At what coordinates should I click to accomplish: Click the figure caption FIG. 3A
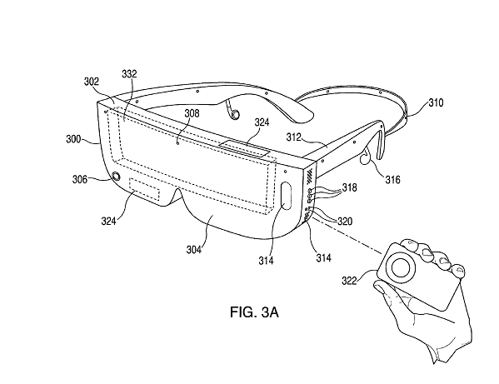pyautogui.click(x=254, y=312)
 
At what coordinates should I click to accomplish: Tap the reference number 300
pyautogui.click(x=73, y=139)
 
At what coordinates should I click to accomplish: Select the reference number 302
pyautogui.click(x=92, y=82)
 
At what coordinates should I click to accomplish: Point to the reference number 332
pyautogui.click(x=129, y=74)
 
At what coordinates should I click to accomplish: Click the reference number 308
pyautogui.click(x=192, y=113)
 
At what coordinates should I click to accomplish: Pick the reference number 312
pyautogui.click(x=294, y=137)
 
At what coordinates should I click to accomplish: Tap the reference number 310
pyautogui.click(x=436, y=102)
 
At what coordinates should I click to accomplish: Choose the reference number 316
pyautogui.click(x=393, y=180)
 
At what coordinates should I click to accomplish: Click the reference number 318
pyautogui.click(x=349, y=187)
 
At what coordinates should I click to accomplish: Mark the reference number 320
pyautogui.click(x=345, y=221)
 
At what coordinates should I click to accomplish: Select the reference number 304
pyautogui.click(x=194, y=250)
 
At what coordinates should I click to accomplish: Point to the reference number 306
pyautogui.click(x=80, y=179)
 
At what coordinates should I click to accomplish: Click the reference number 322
pyautogui.click(x=349, y=281)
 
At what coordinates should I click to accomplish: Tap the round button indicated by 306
pyautogui.click(x=117, y=177)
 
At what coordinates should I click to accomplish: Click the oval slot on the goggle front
pyautogui.click(x=287, y=196)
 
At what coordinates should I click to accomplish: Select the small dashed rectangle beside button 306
pyautogui.click(x=144, y=189)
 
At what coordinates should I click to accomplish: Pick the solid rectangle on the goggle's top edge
pyautogui.click(x=244, y=148)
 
